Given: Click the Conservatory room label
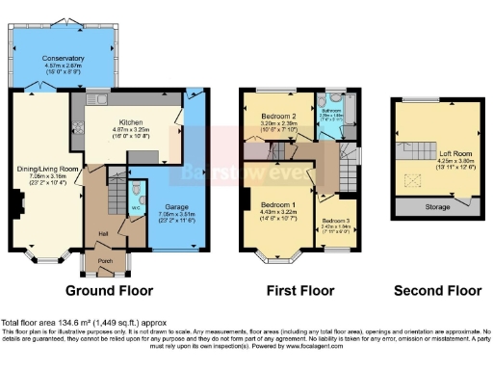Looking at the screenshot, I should (63, 58).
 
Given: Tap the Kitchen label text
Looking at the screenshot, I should (130, 122).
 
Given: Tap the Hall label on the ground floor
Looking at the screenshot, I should (102, 231).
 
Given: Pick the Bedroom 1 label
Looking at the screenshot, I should (277, 205).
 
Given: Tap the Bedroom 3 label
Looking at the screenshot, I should (336, 221).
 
